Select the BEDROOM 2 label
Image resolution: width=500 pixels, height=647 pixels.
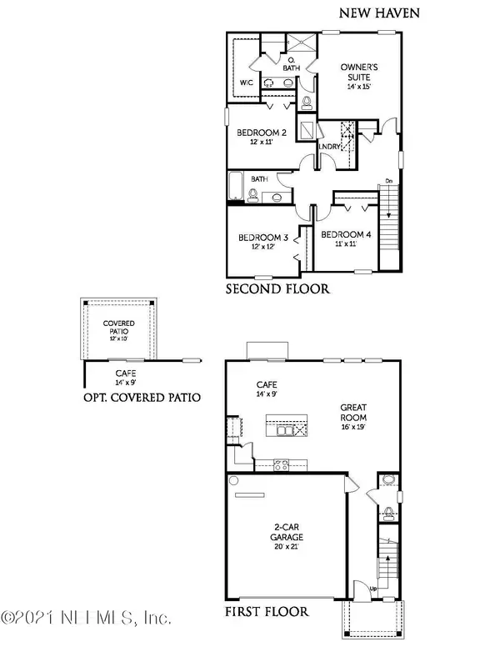[262, 133]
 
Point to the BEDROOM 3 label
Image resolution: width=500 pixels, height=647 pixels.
[262, 237]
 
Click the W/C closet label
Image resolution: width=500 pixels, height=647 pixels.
[246, 83]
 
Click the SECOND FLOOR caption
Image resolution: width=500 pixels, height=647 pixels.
[278, 289]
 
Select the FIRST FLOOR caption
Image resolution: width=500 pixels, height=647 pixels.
[267, 611]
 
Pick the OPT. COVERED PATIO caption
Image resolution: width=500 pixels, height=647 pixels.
[141, 398]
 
